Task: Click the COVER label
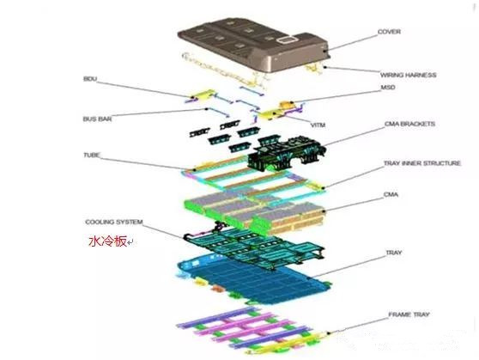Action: click(389, 32)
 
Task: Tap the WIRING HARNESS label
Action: click(408, 75)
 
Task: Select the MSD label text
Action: click(388, 88)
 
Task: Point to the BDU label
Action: click(90, 79)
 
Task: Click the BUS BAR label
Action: click(97, 119)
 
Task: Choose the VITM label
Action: click(318, 125)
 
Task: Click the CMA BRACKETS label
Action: click(409, 124)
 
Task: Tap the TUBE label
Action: click(92, 155)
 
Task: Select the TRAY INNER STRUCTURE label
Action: click(422, 163)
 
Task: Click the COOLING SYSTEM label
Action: click(114, 222)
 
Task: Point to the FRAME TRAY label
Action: click(409, 314)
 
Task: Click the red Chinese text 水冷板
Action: click(107, 241)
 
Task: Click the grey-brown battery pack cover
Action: click(253, 45)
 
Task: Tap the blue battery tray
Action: click(253, 280)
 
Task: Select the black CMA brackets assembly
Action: click(288, 152)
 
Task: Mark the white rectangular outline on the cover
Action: click(288, 40)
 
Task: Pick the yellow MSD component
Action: click(287, 105)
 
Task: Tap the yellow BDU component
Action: click(201, 95)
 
